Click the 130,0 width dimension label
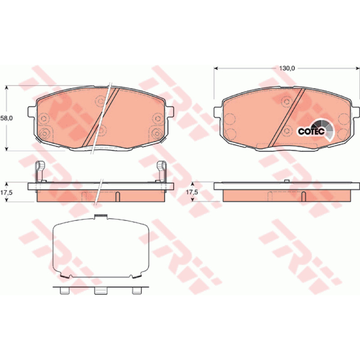[x=287, y=68]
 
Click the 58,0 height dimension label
[x=6, y=118]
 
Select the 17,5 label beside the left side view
[x=6, y=193]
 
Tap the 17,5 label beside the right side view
[x=192, y=192]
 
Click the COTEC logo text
[x=311, y=131]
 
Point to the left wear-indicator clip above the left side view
[x=40, y=172]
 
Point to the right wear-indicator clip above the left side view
[x=162, y=172]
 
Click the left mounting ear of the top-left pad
[x=31, y=112]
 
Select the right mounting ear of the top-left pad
[x=170, y=112]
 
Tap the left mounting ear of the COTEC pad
[x=217, y=112]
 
